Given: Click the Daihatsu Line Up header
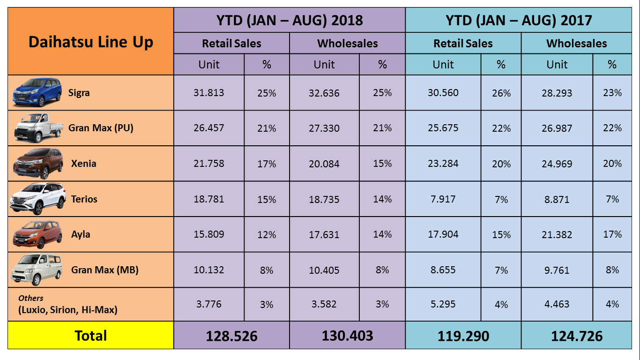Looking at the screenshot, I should pos(90,42).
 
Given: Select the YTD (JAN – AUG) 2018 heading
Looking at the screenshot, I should pos(290,20).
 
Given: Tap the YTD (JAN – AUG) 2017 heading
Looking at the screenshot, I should pos(519,20).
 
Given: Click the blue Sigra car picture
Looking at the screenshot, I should pos(37,92).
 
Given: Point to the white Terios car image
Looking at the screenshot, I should pos(38,199).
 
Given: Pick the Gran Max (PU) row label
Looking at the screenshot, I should pos(101,128).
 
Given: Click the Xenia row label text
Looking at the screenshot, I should pos(84,164).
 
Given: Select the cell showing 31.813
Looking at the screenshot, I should pos(209,93).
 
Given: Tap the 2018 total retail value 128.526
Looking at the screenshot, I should pos(232,336).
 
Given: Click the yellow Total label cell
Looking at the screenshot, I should pos(91,336).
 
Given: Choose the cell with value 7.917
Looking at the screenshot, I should pos(443,199).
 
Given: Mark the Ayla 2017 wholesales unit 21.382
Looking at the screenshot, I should pos(557,234).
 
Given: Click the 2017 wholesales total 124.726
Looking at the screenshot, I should pos(577,336).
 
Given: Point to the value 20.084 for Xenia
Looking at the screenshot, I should pos(324,164).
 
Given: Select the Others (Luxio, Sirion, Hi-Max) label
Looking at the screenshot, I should pos(67,305).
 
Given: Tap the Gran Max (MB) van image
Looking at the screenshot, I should pos(37,269).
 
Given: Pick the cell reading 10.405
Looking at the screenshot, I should pos(324,270).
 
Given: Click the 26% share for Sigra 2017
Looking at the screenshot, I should pos(501,93).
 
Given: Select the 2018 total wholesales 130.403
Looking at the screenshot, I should pos(347,336).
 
